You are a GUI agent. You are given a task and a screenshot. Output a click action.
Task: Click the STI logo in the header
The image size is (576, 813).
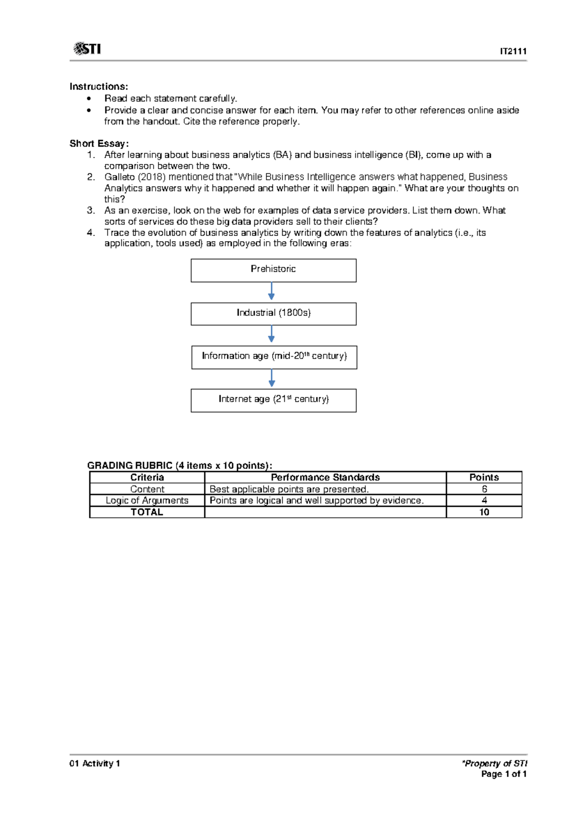[x=87, y=49]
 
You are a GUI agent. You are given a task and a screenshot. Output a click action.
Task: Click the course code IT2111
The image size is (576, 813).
[x=513, y=51]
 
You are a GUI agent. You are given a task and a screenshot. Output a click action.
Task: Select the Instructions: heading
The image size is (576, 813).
[x=99, y=87]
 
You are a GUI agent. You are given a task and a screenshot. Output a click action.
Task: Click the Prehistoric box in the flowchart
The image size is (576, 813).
[x=273, y=270]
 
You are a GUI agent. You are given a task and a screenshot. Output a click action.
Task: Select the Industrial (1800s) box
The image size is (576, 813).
[x=273, y=314]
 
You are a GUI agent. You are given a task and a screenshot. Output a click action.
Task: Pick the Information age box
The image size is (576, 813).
[x=274, y=357]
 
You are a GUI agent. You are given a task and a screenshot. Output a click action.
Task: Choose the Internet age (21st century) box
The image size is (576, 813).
[x=273, y=400]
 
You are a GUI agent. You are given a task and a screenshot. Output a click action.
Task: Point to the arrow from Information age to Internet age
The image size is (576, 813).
[x=272, y=378]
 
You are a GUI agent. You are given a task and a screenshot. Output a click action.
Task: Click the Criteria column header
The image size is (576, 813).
[x=147, y=477]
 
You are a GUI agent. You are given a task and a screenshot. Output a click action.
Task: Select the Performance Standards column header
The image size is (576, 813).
[x=325, y=477]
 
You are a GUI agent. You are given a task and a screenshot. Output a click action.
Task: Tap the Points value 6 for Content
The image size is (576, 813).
[x=484, y=489]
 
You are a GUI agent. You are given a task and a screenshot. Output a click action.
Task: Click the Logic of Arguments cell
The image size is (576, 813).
[x=147, y=500]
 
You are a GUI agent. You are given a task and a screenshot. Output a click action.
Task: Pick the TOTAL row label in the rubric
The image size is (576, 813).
[x=147, y=512]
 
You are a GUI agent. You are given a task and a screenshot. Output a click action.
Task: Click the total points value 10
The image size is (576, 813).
[x=484, y=512]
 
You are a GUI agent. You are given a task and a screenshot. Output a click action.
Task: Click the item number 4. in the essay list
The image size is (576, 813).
[x=91, y=232]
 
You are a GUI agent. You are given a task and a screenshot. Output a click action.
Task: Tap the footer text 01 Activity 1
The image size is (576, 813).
[x=95, y=763]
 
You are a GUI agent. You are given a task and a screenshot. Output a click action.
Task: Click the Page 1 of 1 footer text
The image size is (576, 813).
[x=504, y=774]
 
